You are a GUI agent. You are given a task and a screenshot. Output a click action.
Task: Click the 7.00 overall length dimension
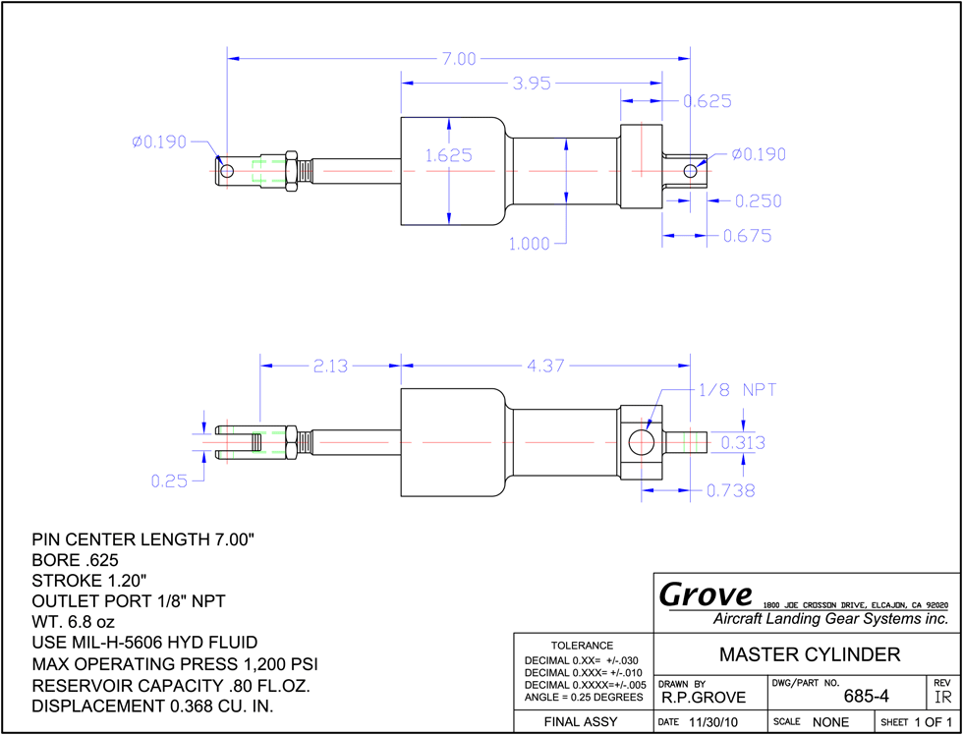pos(458,59)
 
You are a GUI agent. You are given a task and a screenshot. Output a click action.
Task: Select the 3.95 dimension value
pos(532,83)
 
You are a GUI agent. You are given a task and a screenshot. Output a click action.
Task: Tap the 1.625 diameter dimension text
pos(449,155)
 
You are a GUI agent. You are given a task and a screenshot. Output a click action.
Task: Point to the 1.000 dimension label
pos(530,244)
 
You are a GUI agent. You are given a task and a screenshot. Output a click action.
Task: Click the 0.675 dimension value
pos(747,236)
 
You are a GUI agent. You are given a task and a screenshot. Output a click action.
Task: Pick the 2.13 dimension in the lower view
pos(330,367)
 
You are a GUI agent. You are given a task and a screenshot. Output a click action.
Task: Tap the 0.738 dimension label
pos(730,490)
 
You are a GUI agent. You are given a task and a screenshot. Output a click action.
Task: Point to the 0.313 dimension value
pos(743,442)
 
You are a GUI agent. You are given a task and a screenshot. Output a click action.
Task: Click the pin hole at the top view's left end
pos(227,170)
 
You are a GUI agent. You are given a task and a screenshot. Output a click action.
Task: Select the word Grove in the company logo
pos(706,594)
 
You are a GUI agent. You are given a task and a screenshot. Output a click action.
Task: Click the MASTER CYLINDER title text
pos(810,654)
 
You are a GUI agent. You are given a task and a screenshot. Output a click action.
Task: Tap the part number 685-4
pos(866,697)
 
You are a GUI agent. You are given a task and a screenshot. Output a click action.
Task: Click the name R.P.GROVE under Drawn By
pos(704,698)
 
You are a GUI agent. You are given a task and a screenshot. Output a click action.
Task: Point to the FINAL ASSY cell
pos(581,722)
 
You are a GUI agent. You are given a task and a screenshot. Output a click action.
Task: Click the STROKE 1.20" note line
pos(89,581)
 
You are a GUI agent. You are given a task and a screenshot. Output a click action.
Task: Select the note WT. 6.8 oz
pos(73,622)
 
